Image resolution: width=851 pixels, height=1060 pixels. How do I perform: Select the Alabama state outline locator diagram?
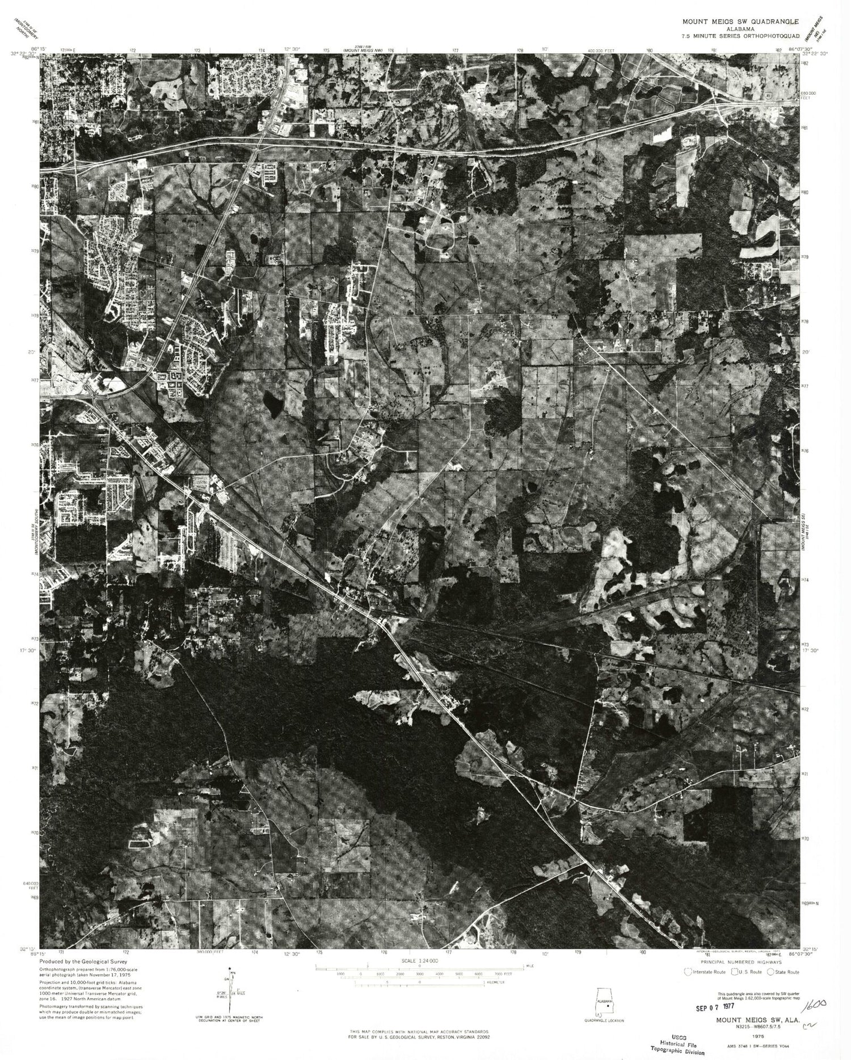pyautogui.click(x=603, y=1004)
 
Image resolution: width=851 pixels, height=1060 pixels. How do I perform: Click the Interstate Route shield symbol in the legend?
pyautogui.click(x=689, y=971)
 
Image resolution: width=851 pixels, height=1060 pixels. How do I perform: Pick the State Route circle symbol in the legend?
pyautogui.click(x=770, y=971)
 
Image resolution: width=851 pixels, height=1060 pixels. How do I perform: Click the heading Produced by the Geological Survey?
pyautogui.click(x=83, y=962)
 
